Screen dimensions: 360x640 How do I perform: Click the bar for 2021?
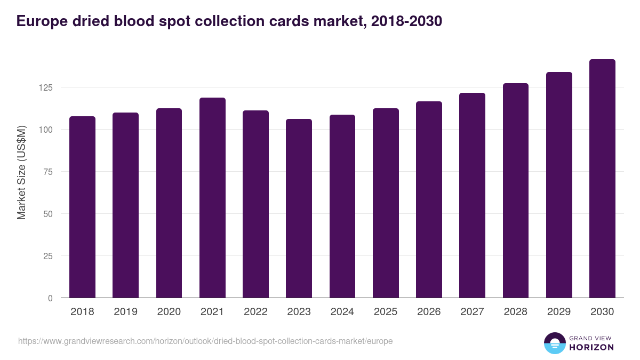pyautogui.click(x=212, y=198)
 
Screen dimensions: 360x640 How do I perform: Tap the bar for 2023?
pyautogui.click(x=299, y=209)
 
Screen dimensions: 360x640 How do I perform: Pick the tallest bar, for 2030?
pyautogui.click(x=602, y=179)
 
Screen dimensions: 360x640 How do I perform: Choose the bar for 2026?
pyautogui.click(x=429, y=199)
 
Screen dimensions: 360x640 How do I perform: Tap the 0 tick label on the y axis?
pyautogui.click(x=50, y=298)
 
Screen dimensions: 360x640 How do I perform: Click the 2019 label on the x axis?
pyautogui.click(x=125, y=312)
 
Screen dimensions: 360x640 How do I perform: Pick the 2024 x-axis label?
pyautogui.click(x=342, y=312)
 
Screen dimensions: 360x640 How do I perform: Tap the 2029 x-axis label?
pyautogui.click(x=559, y=312)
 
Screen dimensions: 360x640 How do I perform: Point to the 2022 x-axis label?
pyautogui.click(x=255, y=312)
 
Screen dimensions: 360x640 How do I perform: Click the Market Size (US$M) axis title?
pyautogui.click(x=21, y=172)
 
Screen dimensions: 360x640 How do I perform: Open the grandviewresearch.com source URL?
pyautogui.click(x=205, y=341)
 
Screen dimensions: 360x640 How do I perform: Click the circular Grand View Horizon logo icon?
pyautogui.click(x=554, y=343)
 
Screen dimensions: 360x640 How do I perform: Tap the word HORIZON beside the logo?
pyautogui.click(x=591, y=347)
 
